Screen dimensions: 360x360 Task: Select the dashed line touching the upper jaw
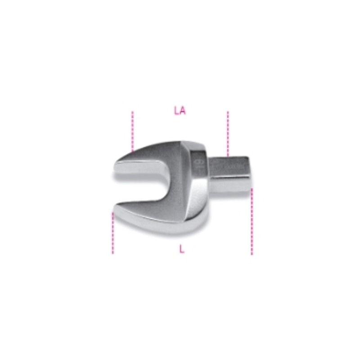(x=132, y=130)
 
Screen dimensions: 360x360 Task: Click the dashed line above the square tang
(x=228, y=133)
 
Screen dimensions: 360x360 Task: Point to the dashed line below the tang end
(x=252, y=220)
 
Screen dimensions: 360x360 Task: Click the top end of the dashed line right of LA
(x=228, y=112)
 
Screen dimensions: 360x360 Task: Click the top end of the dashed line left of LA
(x=132, y=112)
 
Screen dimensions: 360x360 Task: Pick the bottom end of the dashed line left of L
(x=113, y=253)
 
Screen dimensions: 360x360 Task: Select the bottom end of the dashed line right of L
(x=252, y=254)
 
